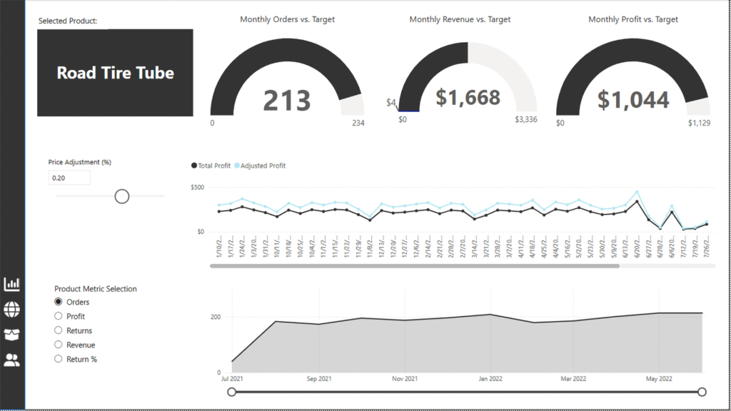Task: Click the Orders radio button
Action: pos(59,302)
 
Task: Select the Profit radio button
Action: pos(59,316)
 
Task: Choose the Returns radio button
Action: pos(59,330)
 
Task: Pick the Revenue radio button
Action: pos(59,345)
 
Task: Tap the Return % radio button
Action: pos(59,359)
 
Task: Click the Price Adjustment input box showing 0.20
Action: pos(69,178)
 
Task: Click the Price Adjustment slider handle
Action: pos(122,196)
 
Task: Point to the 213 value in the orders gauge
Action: pos(287,101)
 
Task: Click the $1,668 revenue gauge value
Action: pos(468,98)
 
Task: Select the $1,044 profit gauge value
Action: pos(633,100)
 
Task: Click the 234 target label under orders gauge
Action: pos(358,123)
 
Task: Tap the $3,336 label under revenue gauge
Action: pos(526,119)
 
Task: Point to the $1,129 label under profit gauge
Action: pos(699,123)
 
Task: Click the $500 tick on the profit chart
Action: pos(198,188)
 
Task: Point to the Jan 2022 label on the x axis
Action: pos(490,379)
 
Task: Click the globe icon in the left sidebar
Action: pos(12,309)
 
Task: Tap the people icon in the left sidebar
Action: pos(12,360)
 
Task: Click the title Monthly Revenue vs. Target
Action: pos(460,19)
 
